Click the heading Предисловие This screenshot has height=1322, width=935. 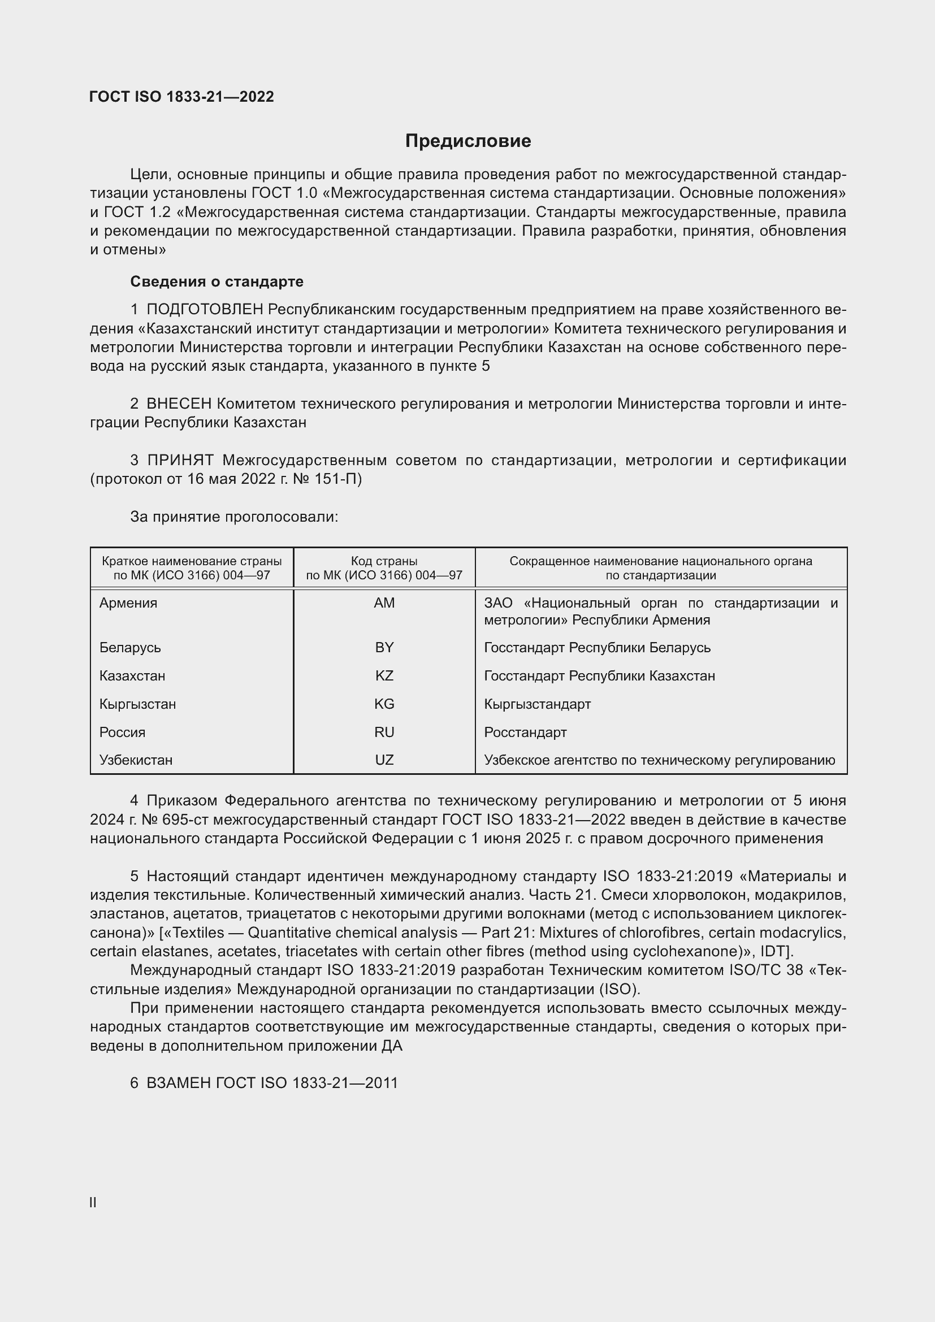click(x=467, y=141)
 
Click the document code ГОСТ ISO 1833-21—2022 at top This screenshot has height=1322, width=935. click(x=181, y=97)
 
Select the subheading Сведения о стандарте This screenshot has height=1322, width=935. click(x=217, y=281)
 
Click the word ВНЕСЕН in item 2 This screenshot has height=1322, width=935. click(x=179, y=404)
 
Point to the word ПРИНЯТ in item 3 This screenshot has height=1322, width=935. click(x=180, y=461)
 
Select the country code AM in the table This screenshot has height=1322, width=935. click(x=384, y=603)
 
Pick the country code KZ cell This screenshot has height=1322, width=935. click(x=384, y=676)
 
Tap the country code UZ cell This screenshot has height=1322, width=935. click(x=384, y=760)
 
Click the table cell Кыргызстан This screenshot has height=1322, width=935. click(x=137, y=704)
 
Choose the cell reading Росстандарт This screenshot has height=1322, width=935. click(x=525, y=732)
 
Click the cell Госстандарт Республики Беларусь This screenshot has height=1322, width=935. click(x=597, y=648)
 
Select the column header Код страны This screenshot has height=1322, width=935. click(x=384, y=561)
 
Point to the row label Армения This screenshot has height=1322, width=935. click(x=128, y=603)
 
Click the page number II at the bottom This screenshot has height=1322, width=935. click(x=93, y=1203)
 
